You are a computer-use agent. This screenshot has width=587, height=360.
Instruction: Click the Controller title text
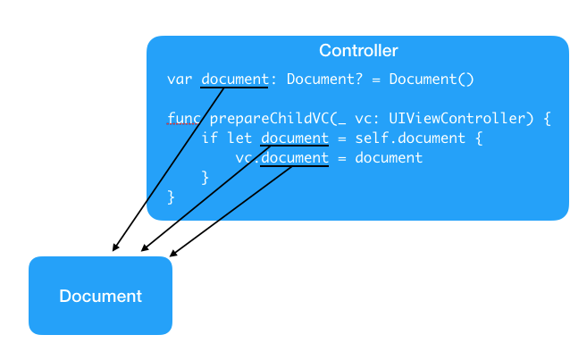358,51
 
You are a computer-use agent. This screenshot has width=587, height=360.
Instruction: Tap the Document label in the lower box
100,296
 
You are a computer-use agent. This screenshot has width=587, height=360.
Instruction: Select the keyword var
180,80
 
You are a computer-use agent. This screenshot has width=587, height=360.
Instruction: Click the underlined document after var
235,80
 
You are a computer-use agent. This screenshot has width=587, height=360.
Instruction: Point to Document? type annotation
324,80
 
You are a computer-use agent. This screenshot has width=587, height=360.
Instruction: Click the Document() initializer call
432,80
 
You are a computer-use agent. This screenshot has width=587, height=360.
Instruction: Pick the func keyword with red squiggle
183,119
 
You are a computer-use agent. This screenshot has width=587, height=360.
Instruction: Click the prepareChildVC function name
269,119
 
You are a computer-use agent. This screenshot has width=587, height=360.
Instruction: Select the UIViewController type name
457,119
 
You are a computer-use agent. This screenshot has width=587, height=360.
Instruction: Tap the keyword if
209,138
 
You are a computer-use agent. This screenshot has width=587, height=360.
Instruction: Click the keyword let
239,138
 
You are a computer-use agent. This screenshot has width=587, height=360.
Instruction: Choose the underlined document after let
295,138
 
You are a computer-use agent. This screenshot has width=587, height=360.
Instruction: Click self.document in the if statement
410,138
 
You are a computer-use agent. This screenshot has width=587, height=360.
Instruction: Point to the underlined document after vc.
295,157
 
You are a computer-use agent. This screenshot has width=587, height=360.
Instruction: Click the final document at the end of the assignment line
389,157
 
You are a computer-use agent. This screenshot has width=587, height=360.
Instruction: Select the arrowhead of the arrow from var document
115,247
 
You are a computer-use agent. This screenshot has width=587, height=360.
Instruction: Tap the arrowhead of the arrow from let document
145,247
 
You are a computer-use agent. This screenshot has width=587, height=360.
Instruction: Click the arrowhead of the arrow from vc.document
173,254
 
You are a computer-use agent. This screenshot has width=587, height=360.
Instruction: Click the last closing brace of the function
171,197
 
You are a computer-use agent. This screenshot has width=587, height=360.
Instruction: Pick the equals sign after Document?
376,80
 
